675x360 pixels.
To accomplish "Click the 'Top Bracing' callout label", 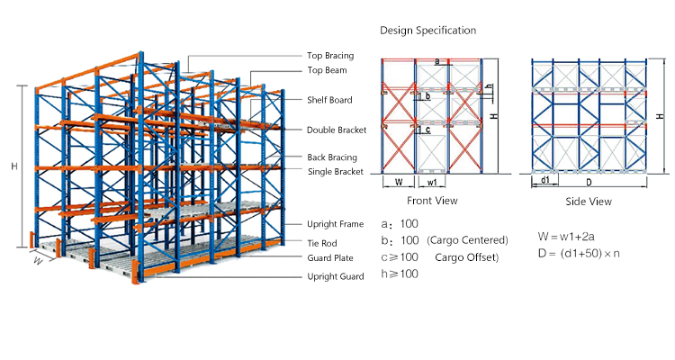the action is (330, 56).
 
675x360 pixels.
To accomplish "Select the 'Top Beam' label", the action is (327, 70).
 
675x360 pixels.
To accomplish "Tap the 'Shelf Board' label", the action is (329, 100).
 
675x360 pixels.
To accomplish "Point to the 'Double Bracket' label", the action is (337, 130).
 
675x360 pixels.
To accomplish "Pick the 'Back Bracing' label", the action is (332, 157).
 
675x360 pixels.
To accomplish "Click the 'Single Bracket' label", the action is (336, 171).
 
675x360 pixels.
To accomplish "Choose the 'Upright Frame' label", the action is (336, 224).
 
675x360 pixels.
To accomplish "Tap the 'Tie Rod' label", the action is (322, 243).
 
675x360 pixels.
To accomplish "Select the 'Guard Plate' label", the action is (330, 258).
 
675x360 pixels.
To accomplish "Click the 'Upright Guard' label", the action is (336, 276).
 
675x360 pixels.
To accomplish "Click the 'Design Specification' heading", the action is (427, 31).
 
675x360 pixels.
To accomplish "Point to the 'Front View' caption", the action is (432, 201).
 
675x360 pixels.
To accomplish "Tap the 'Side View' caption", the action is (589, 202).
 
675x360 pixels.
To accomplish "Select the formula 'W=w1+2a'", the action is (566, 237).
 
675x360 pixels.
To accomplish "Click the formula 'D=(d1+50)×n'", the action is (579, 253).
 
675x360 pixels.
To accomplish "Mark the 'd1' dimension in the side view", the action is (545, 180).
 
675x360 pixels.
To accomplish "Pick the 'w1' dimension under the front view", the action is (432, 183).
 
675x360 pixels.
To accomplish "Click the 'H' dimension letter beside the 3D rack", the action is (14, 166).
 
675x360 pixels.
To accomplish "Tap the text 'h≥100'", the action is (400, 274).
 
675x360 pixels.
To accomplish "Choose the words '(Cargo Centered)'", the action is (467, 240).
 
